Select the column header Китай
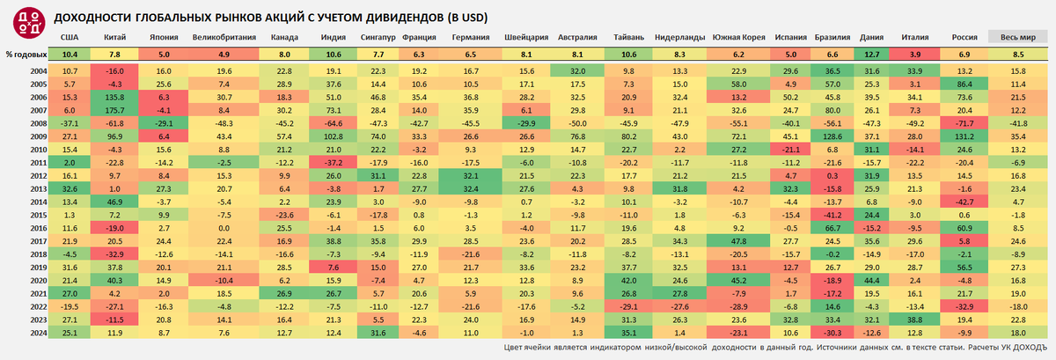(x=114, y=38)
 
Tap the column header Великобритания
(x=224, y=38)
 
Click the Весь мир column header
(x=1016, y=38)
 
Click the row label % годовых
(x=23, y=55)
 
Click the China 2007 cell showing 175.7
(x=114, y=110)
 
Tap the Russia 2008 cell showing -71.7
(x=964, y=124)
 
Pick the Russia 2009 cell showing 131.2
(x=964, y=138)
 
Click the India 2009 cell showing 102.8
(x=333, y=138)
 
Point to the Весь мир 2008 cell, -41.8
(x=1016, y=124)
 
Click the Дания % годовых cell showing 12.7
(x=871, y=55)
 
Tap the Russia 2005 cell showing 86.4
(x=964, y=83)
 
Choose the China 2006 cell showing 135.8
(x=114, y=97)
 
